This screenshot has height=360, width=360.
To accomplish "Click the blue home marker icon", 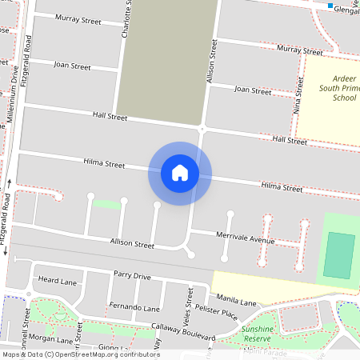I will (x=180, y=172).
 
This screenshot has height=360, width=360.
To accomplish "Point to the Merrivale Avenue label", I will (x=245, y=238).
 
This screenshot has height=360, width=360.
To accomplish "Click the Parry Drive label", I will (x=131, y=276).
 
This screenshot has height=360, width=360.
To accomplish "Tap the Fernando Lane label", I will (x=134, y=307).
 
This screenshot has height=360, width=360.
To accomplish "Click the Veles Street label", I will (x=190, y=303).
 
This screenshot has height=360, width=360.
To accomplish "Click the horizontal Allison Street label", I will (x=132, y=243).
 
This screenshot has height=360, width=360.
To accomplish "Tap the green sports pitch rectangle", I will (x=339, y=255).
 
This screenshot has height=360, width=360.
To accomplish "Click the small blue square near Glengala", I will (x=330, y=6).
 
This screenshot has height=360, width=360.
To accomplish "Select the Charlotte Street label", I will (x=126, y=21).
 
